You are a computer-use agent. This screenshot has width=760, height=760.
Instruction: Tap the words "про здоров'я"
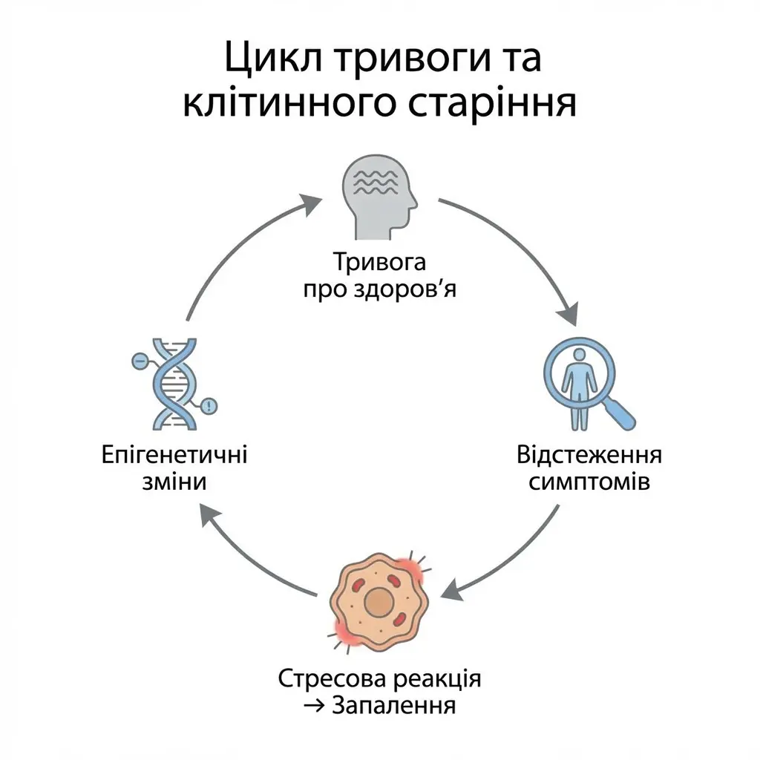(380, 289)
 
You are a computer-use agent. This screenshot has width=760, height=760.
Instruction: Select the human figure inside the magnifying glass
(579, 390)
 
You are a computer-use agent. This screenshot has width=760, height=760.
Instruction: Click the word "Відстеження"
(589, 456)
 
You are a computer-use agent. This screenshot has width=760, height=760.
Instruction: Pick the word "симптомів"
(589, 482)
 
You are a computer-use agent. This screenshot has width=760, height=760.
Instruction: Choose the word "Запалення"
(393, 705)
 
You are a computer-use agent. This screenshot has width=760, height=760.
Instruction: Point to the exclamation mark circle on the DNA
(210, 406)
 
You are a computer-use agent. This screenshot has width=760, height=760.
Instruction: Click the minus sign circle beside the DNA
(138, 361)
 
